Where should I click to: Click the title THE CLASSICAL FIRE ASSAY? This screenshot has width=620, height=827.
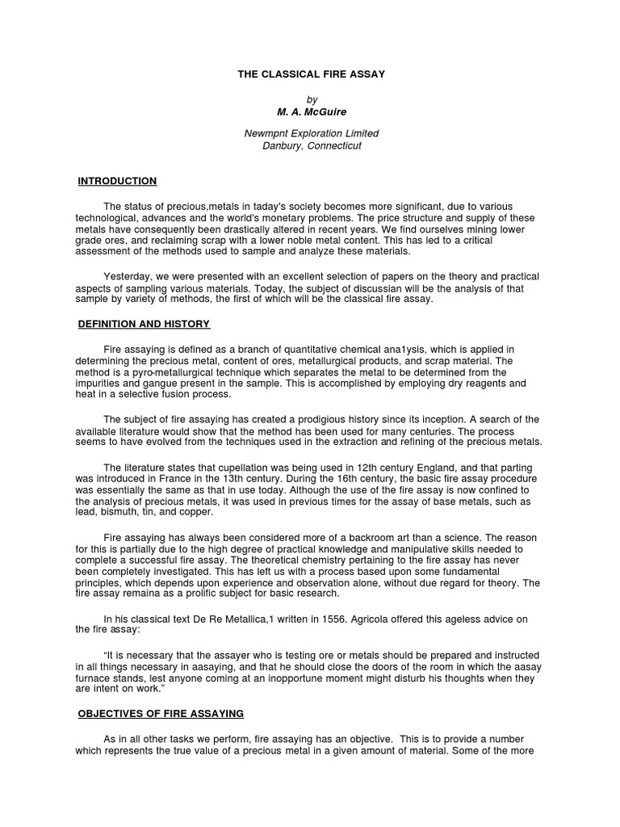(311, 74)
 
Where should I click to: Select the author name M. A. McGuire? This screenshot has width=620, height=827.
(311, 111)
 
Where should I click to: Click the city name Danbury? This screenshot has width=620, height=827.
(283, 146)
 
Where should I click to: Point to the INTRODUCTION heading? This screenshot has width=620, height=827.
(117, 181)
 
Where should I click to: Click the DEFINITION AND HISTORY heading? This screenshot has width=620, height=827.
(144, 324)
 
